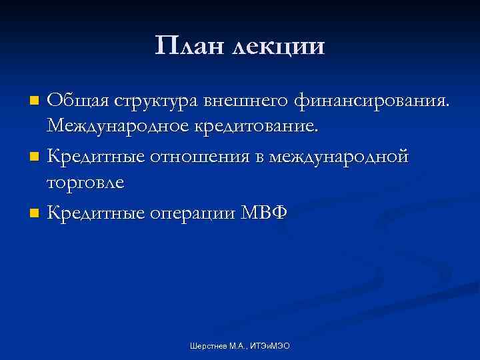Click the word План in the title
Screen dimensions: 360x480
click(189, 46)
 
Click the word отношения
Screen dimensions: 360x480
click(188, 157)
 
